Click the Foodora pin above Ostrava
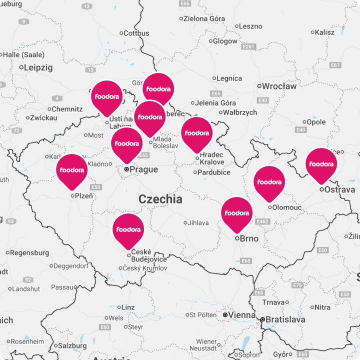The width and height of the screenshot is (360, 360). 321,164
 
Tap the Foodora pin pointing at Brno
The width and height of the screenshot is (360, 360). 236,213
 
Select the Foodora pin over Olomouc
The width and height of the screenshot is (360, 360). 269,182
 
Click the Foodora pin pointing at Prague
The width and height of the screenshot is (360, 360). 126,144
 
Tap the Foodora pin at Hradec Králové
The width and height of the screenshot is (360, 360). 196,133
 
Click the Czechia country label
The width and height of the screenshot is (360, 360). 160,199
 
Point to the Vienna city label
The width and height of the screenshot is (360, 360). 242,315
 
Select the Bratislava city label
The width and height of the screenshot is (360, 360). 285,318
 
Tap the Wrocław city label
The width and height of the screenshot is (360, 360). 279,86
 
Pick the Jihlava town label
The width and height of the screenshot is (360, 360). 198,222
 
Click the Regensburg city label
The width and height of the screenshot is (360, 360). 29,253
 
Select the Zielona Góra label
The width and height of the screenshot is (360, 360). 204,18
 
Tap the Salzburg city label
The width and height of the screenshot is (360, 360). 72,345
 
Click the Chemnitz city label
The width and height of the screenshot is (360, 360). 67,109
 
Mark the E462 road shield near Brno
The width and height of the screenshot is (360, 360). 262,221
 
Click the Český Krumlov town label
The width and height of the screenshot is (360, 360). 145,268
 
